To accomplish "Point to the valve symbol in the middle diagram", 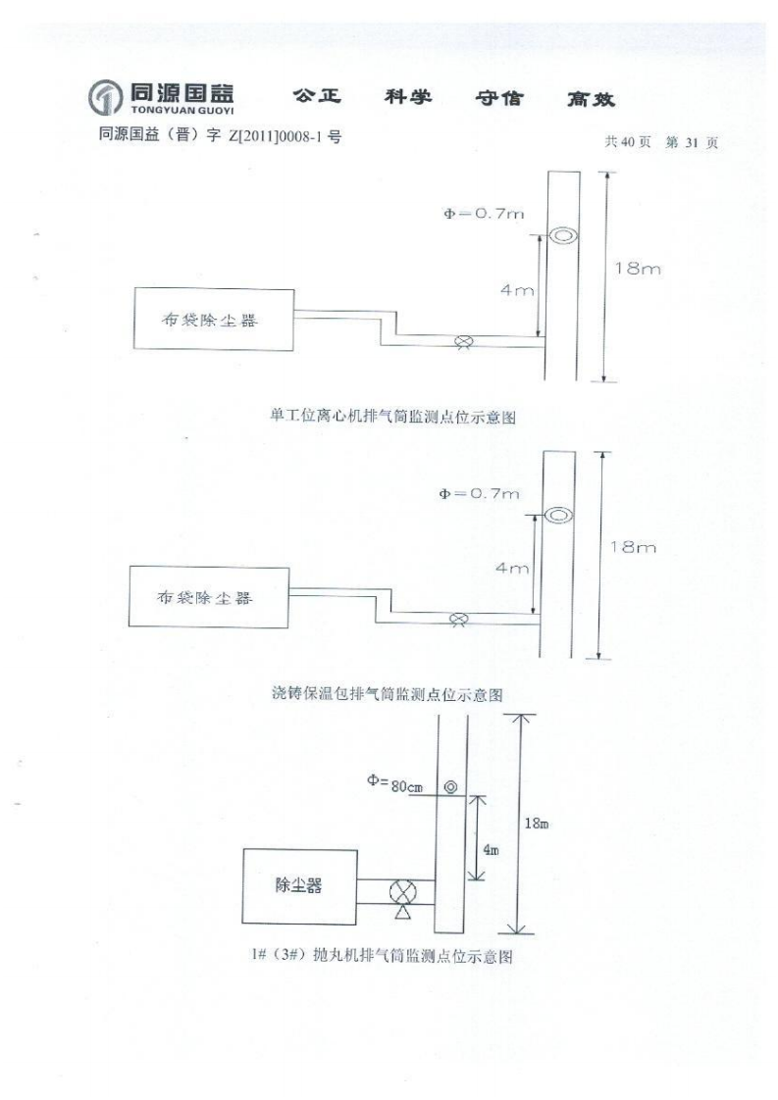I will (x=457, y=620).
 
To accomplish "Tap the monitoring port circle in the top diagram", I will (x=562, y=235).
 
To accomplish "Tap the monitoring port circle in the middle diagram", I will (x=558, y=515).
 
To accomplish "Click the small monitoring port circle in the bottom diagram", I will (x=450, y=786).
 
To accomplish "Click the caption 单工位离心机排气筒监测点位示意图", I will (x=393, y=417).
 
